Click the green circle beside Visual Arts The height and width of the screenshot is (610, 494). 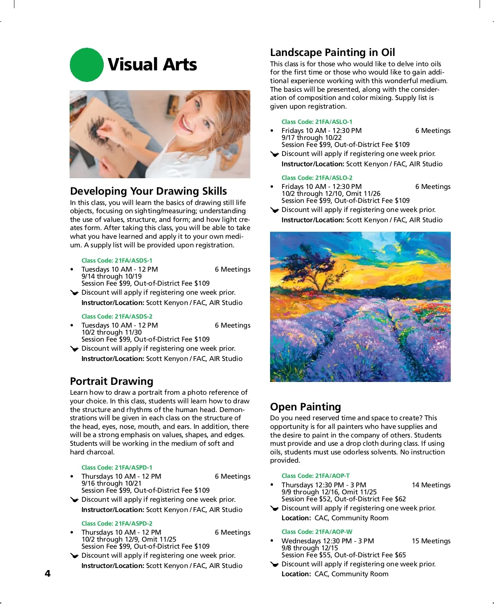point(86,65)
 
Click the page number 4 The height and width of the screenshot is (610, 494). point(48,573)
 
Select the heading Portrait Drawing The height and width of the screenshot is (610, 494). point(112,381)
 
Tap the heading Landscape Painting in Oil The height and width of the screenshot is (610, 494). point(332,52)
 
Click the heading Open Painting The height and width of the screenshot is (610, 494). point(305,407)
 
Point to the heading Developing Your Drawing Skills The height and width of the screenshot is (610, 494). point(148,191)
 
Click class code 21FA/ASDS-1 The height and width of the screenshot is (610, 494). point(117,261)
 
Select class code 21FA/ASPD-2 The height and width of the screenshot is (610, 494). point(117,524)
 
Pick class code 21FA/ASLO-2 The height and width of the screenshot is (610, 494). point(317,178)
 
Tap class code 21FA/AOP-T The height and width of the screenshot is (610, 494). point(316,476)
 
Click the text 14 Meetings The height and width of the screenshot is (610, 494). point(431,485)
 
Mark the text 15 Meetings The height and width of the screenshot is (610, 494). point(431,541)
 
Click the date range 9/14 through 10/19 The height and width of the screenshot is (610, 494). point(112,277)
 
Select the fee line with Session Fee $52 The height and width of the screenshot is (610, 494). point(343,499)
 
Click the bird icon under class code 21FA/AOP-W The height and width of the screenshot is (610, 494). point(275,564)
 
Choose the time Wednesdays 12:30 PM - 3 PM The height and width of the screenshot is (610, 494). point(328,541)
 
